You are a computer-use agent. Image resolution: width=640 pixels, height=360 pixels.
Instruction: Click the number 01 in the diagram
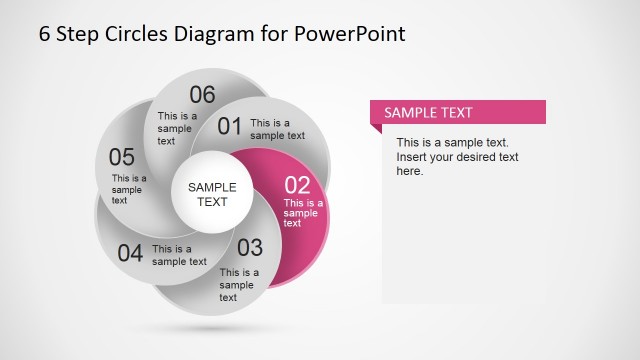click(x=230, y=126)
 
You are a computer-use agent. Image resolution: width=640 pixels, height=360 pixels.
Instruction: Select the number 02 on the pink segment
click(x=298, y=185)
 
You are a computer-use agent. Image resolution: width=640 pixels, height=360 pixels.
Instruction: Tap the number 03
click(x=249, y=248)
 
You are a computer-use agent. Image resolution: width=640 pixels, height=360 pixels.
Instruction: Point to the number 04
click(x=130, y=253)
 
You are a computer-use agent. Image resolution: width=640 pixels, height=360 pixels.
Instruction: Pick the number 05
click(x=122, y=157)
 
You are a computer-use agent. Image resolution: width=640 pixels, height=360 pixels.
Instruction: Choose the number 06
click(x=202, y=95)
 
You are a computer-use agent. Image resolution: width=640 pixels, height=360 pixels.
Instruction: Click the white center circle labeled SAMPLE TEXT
click(x=212, y=194)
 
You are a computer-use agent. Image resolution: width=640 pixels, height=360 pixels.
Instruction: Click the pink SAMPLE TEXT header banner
click(x=458, y=112)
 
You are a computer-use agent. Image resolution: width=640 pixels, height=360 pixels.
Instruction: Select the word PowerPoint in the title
click(x=349, y=33)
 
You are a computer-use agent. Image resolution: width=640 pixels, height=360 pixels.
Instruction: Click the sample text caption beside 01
click(x=277, y=129)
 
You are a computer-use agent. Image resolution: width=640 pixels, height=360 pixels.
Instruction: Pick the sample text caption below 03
click(x=239, y=284)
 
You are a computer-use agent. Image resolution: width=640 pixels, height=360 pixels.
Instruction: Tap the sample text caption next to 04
click(x=179, y=255)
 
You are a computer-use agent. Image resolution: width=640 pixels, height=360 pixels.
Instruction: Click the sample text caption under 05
click(x=128, y=189)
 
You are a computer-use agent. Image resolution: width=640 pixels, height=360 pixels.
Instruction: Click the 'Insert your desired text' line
click(x=457, y=157)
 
